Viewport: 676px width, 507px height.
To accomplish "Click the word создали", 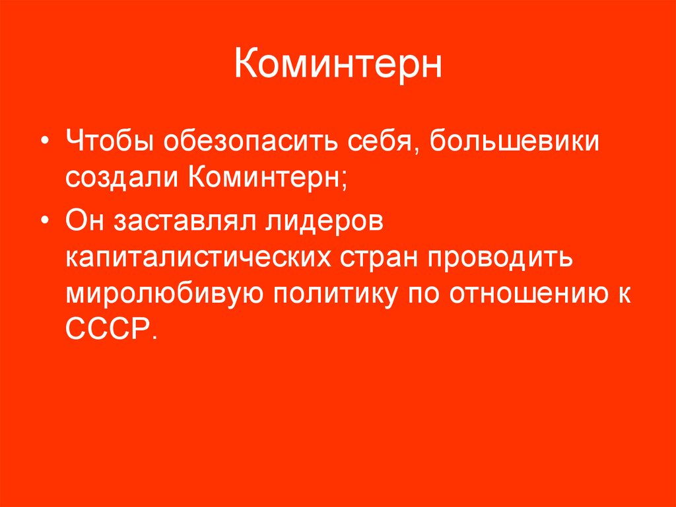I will [x=123, y=178].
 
